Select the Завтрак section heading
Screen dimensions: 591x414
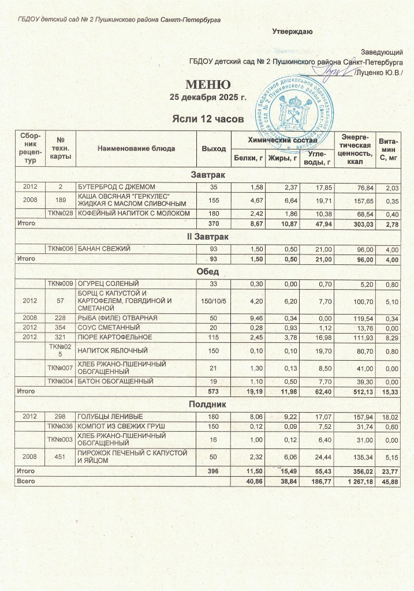click(207, 174)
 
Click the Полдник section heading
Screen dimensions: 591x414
click(207, 405)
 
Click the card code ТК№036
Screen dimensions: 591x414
click(61, 426)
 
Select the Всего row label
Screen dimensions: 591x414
click(26, 481)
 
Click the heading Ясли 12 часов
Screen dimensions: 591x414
click(207, 119)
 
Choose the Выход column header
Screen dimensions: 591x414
click(214, 148)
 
